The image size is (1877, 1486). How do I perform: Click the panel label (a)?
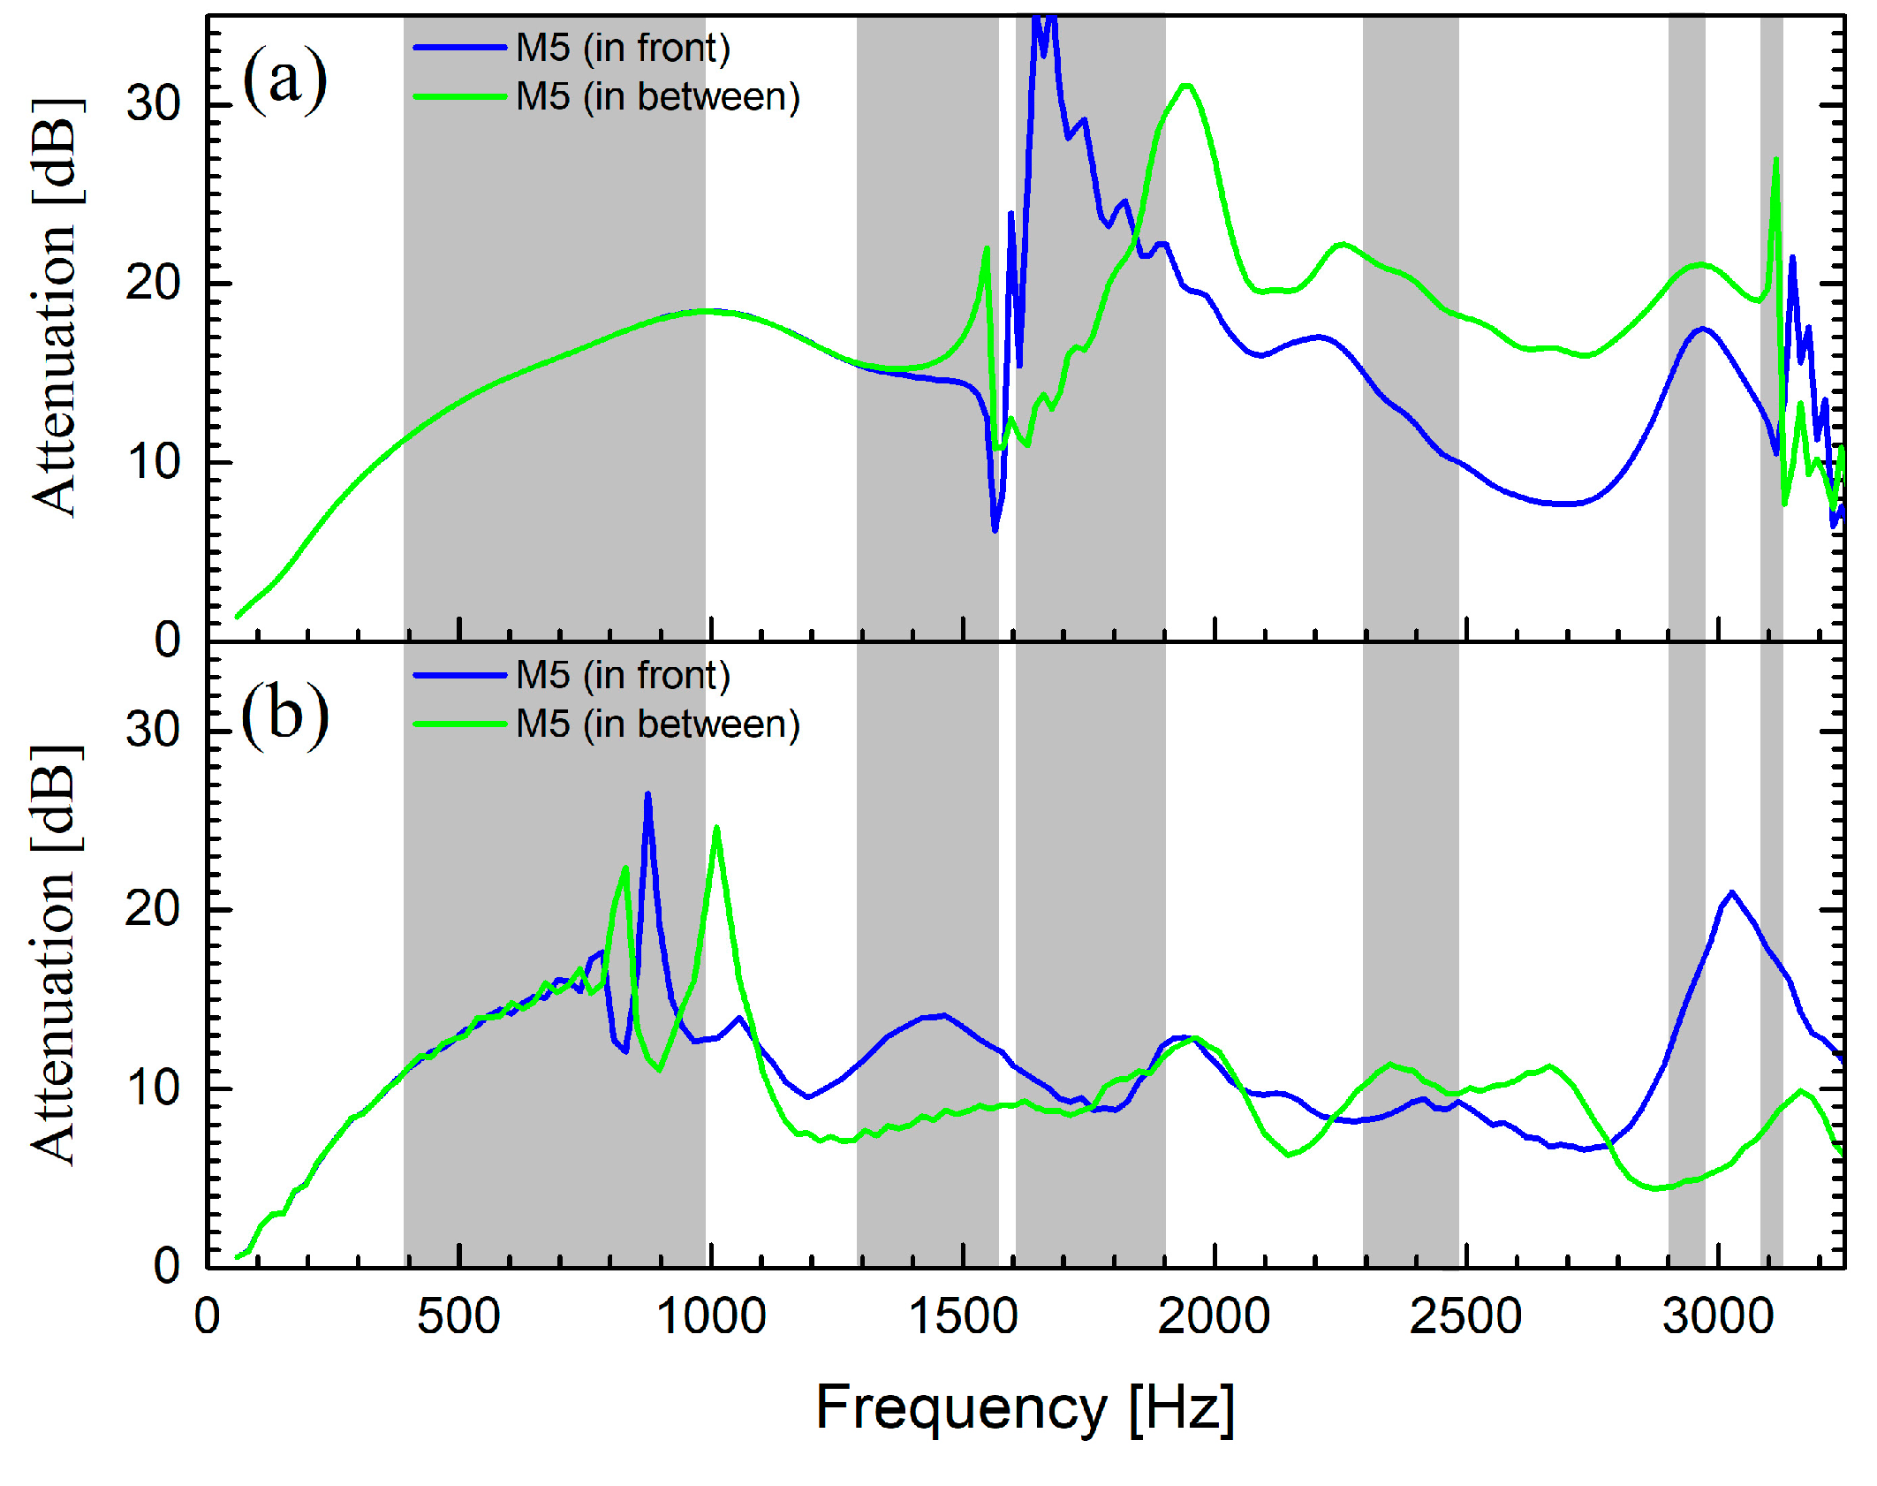tap(284, 81)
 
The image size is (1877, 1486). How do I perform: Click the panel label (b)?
tap(284, 715)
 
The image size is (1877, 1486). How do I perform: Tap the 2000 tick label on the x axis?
tap(1214, 1317)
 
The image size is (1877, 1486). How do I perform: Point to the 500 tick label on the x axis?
tap(458, 1317)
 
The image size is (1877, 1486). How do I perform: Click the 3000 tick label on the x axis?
tap(1717, 1317)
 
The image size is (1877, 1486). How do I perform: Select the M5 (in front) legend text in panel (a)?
tap(623, 48)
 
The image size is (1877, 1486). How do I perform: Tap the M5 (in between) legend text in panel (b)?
tap(658, 724)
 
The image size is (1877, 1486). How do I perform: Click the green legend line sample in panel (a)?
tap(459, 96)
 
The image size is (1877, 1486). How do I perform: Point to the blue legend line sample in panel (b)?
tap(459, 676)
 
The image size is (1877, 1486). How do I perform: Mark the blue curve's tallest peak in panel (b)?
tap(647, 794)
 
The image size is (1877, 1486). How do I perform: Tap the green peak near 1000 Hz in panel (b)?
tap(716, 828)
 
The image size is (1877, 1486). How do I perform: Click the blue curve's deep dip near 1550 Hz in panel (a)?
tap(995, 530)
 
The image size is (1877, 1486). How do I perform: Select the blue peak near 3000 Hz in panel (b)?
tap(1731, 892)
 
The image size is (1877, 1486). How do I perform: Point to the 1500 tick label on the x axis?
tap(963, 1317)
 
